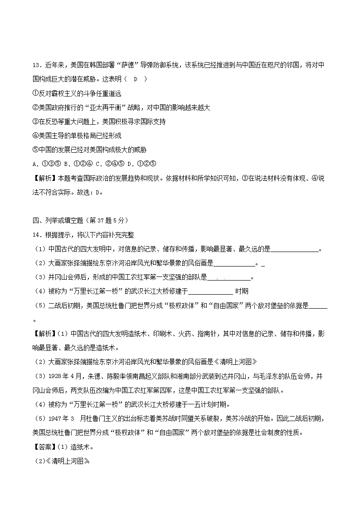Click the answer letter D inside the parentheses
click(x=135, y=79)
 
